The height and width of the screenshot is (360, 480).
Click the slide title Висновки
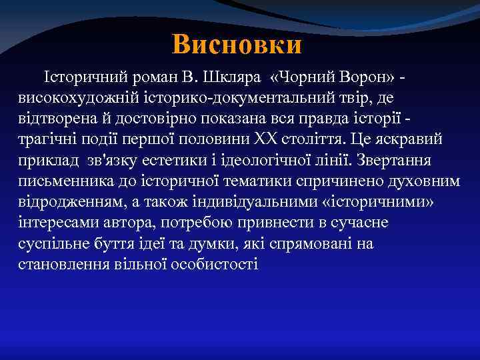tap(237, 45)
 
